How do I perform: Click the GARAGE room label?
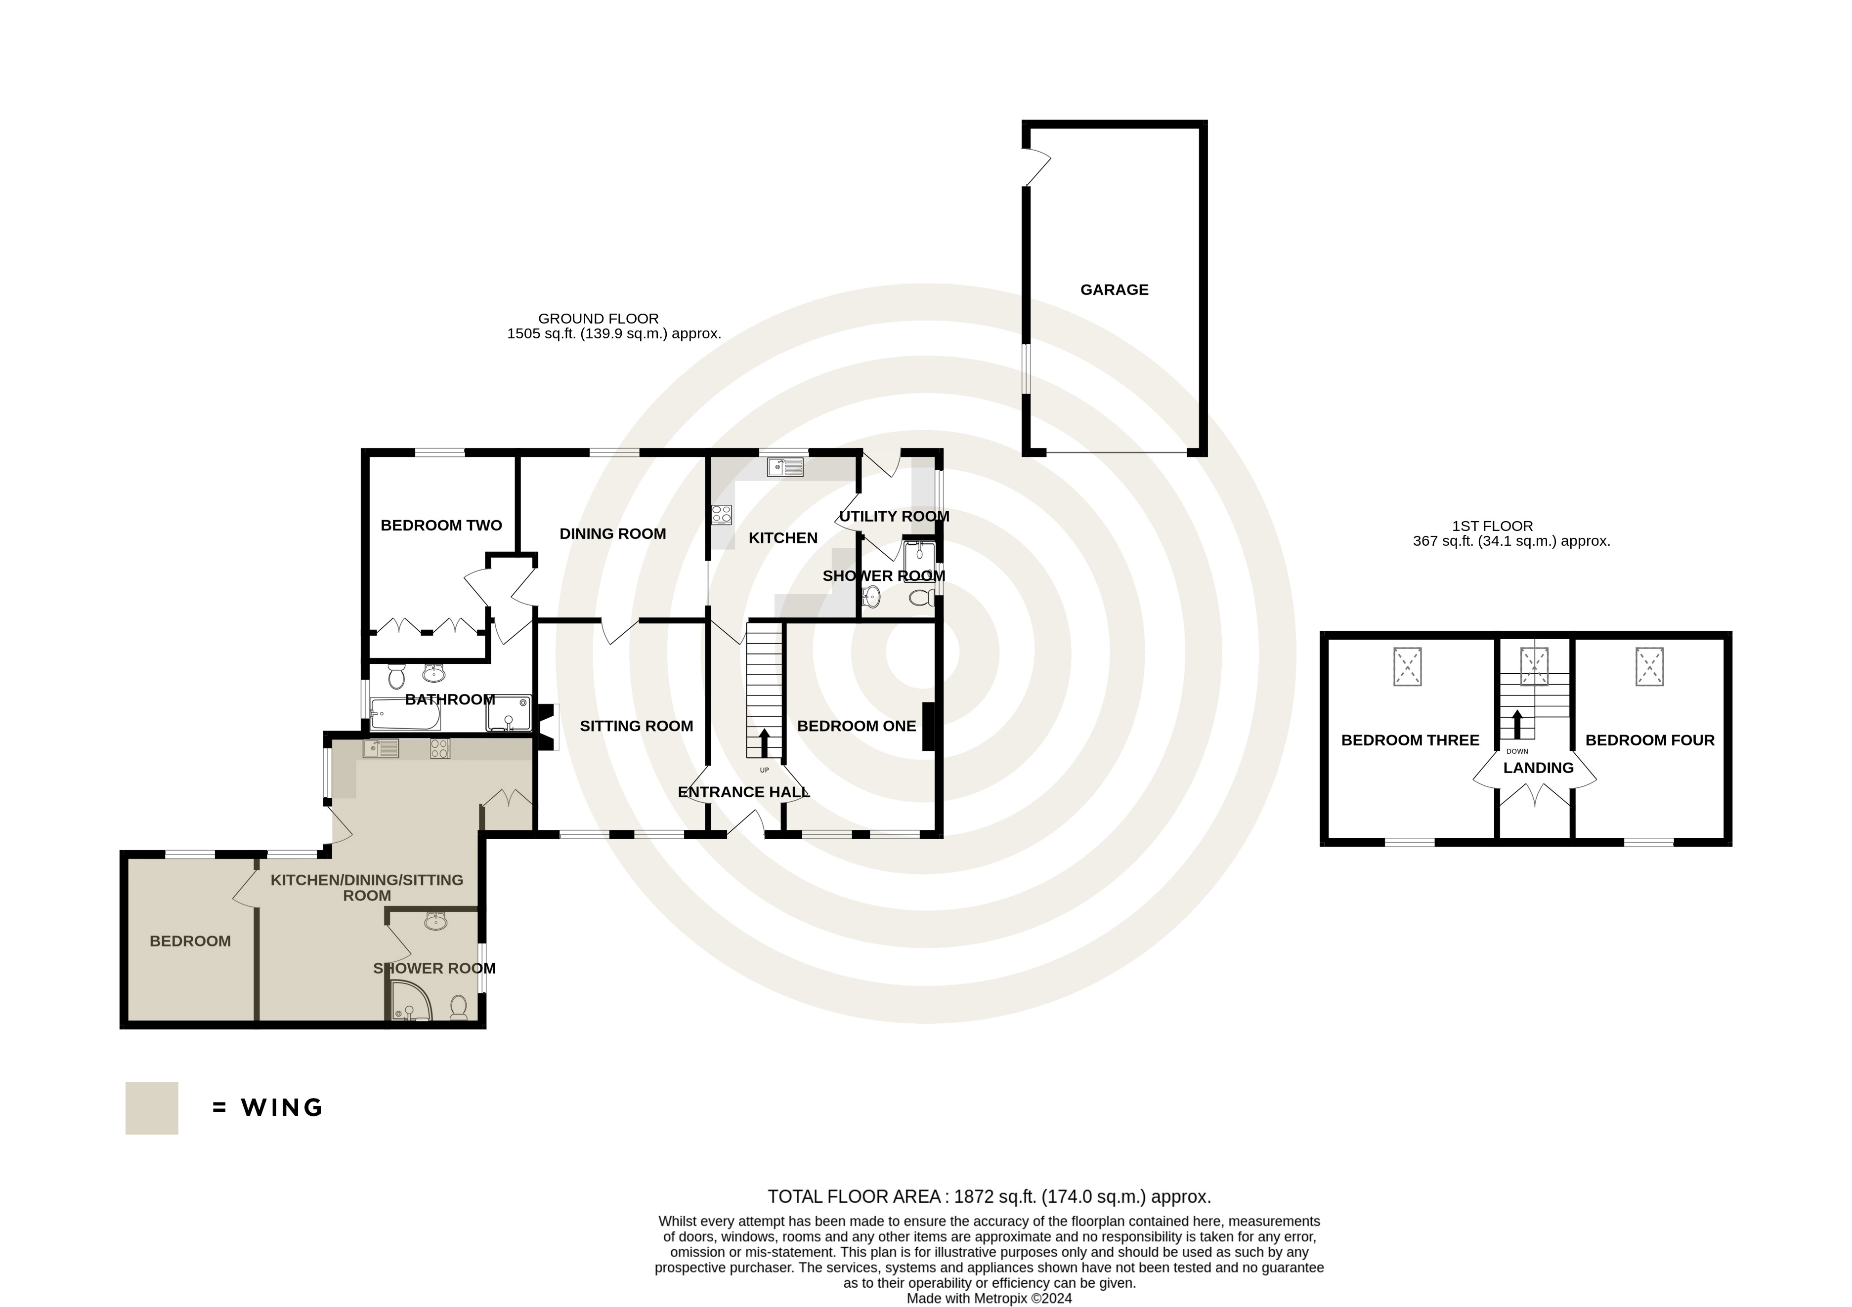pos(1114,289)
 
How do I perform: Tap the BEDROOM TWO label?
pos(441,526)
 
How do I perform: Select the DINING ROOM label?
pos(613,534)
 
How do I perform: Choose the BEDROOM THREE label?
pos(1410,740)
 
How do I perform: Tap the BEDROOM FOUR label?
pos(1649,740)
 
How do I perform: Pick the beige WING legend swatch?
pos(152,1108)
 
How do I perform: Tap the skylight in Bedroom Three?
pos(1408,667)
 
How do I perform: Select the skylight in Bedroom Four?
pos(1649,667)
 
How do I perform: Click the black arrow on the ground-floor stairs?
pos(764,742)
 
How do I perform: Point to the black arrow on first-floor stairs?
pos(1516,725)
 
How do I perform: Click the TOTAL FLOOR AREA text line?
pos(989,1196)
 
